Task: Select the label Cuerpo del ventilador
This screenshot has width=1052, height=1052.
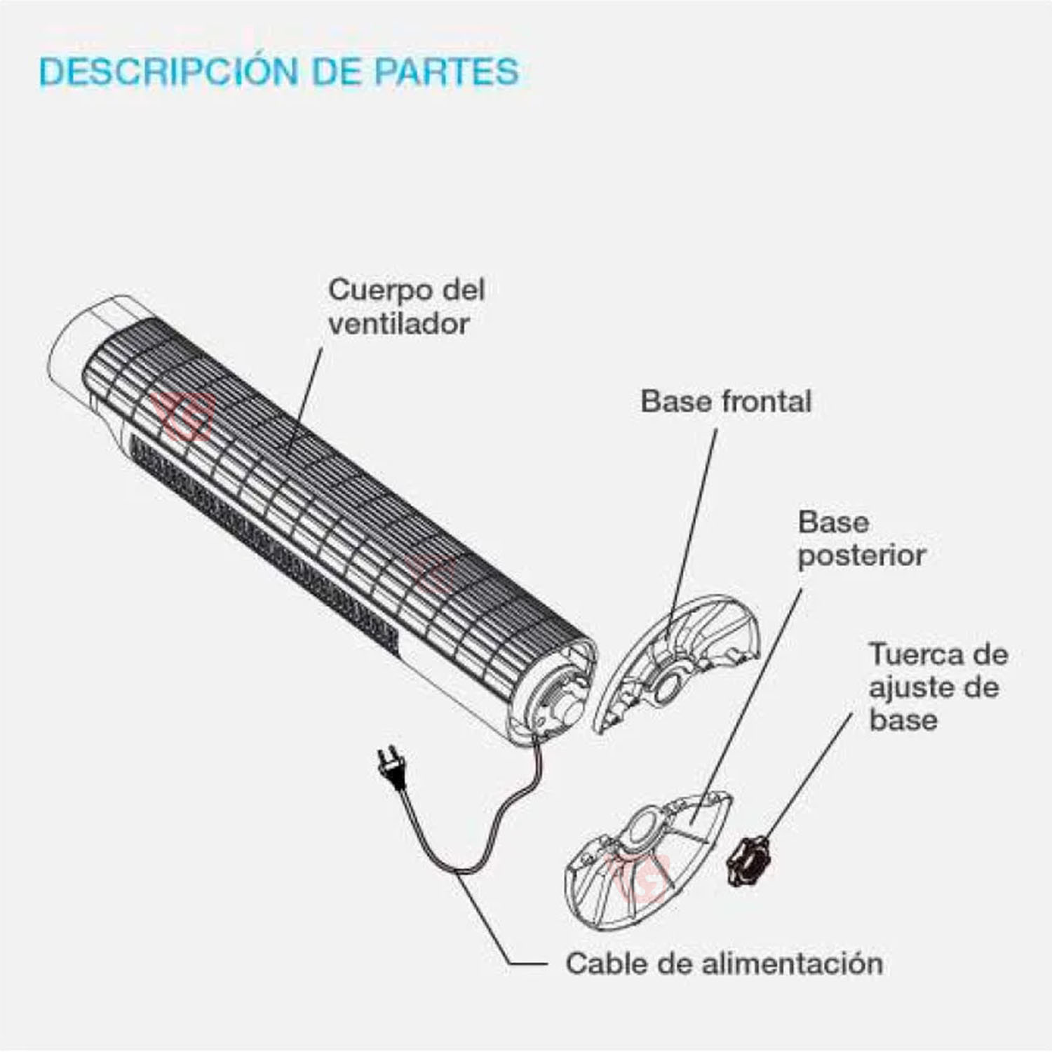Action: [x=406, y=307]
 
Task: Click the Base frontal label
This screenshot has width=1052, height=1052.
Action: [x=726, y=402]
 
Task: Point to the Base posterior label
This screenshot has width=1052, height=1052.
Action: [x=861, y=539]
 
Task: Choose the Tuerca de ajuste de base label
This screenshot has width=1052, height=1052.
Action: [x=937, y=687]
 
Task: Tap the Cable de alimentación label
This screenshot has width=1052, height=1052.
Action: [x=724, y=964]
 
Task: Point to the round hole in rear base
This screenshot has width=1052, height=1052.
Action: [x=647, y=828]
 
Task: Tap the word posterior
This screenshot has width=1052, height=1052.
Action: [x=861, y=556]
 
